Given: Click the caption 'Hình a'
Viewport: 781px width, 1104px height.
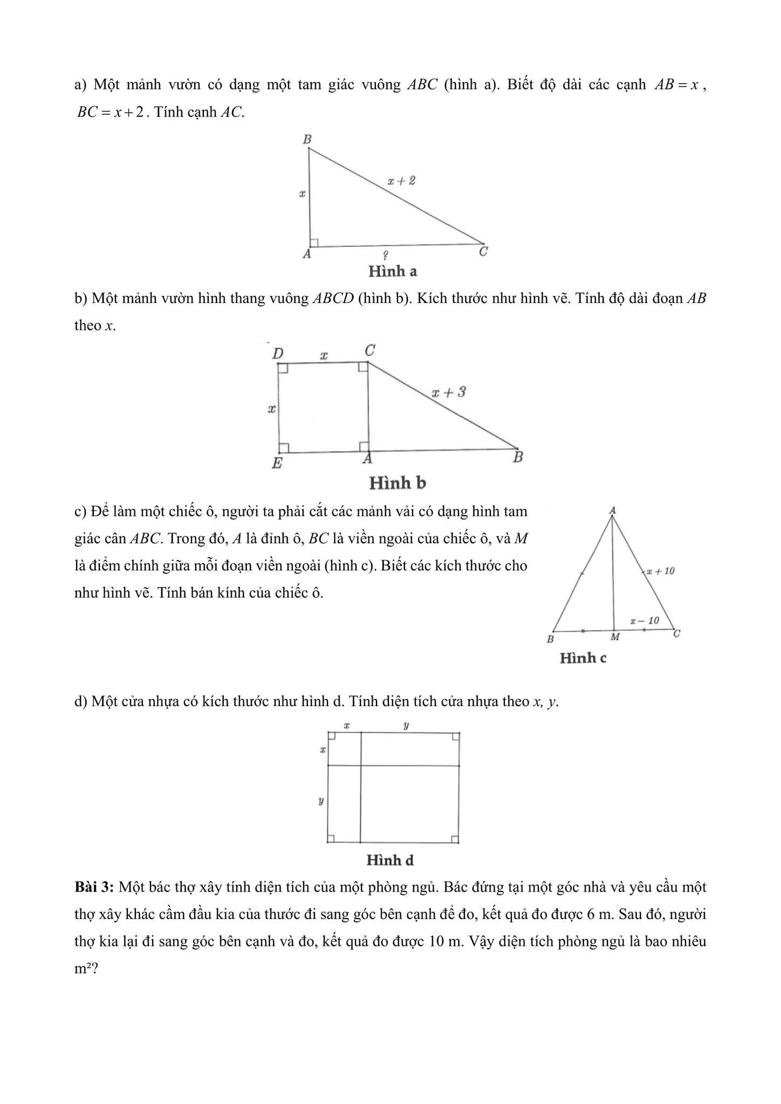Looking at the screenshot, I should pos(392,271).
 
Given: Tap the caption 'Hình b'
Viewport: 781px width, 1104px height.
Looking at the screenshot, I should pos(397,483).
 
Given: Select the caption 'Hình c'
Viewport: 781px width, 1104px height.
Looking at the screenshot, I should pos(583,658).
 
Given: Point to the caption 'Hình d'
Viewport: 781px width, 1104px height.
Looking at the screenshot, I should pos(390,860).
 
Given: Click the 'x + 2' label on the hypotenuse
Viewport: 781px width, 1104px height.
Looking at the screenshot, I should pos(401,181).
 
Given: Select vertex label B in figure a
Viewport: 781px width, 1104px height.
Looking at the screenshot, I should pos(307,139).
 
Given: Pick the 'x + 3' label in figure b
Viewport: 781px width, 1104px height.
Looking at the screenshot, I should pos(448,392).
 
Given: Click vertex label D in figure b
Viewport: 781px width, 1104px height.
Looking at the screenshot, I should pos(278,354).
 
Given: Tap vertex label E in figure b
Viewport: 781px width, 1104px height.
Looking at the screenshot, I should pos(277,463).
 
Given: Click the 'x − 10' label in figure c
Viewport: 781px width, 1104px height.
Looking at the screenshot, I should pos(645,620).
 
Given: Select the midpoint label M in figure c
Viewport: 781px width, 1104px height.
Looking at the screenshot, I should pos(614,637).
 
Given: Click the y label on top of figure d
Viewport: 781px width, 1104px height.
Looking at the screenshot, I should pos(406,726).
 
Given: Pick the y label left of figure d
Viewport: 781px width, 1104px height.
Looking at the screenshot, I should pos(321,801).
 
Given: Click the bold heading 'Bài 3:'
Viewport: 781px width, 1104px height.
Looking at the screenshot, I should pos(94,887).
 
